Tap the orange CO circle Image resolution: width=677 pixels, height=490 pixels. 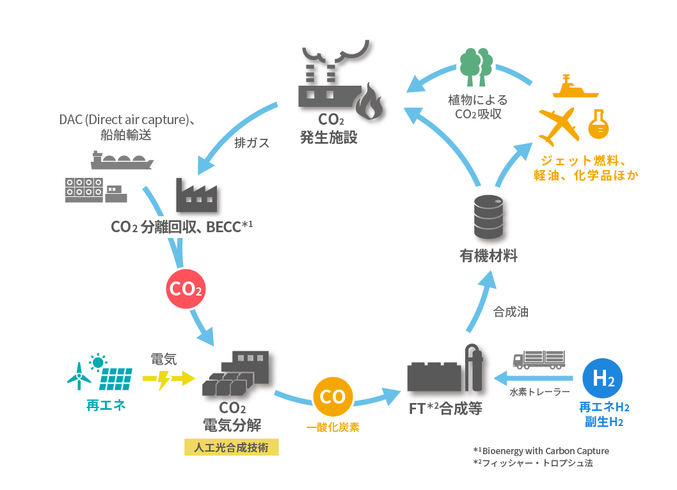pyautogui.click(x=333, y=397)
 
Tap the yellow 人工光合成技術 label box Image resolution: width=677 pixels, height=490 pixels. pyautogui.click(x=232, y=447)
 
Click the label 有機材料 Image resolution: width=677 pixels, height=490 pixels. pyautogui.click(x=488, y=257)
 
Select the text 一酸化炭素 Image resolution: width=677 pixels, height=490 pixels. pyautogui.click(x=333, y=427)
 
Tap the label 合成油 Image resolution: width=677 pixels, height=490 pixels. pyautogui.click(x=511, y=312)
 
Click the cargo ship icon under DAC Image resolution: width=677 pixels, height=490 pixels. pyautogui.click(x=122, y=159)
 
